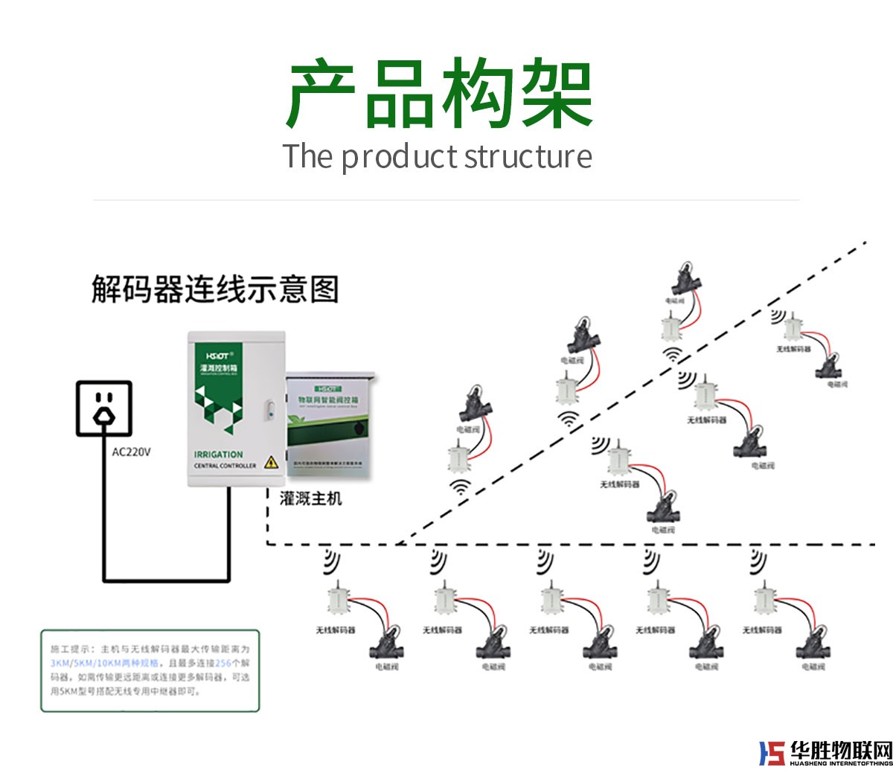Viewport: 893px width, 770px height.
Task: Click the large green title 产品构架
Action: pyautogui.click(x=439, y=95)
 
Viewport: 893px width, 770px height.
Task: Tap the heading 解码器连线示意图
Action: pyautogui.click(x=215, y=289)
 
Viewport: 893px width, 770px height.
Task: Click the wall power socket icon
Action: pyautogui.click(x=105, y=408)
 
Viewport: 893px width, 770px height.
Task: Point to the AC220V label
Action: pyautogui.click(x=131, y=452)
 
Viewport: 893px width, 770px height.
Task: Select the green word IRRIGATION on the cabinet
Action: pyautogui.click(x=218, y=455)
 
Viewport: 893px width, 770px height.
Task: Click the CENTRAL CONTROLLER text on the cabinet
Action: pyautogui.click(x=225, y=466)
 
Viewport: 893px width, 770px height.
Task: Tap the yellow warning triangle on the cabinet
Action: pyautogui.click(x=272, y=461)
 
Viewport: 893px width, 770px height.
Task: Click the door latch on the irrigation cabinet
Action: pyautogui.click(x=271, y=410)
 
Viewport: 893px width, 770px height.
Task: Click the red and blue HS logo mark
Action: pyautogui.click(x=772, y=753)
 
